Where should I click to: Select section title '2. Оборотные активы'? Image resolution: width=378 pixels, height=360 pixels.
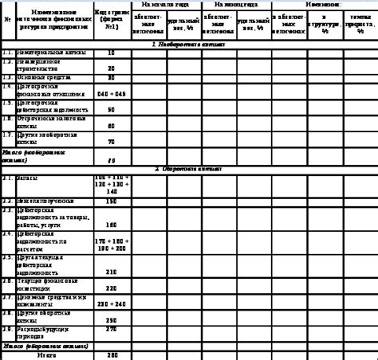pyautogui.click(x=188, y=170)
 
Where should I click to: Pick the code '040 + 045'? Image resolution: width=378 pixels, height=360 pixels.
pyautogui.click(x=111, y=93)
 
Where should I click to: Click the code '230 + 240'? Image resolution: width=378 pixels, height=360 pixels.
pyautogui.click(x=111, y=303)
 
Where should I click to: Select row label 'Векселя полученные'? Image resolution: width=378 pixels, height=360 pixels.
pyautogui.click(x=47, y=202)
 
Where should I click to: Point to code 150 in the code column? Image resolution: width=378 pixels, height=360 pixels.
pyautogui.click(x=111, y=202)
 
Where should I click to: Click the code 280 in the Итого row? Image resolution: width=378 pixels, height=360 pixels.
pyautogui.click(x=111, y=354)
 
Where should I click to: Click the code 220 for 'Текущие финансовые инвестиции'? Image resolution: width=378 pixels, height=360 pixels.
pyautogui.click(x=111, y=288)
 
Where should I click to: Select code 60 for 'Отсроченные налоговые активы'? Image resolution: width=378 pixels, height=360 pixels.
pyautogui.click(x=111, y=126)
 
